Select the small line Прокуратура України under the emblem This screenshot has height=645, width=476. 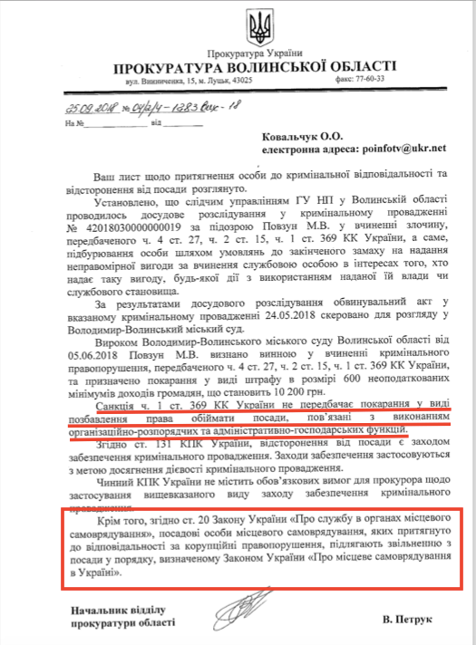tap(260, 53)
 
